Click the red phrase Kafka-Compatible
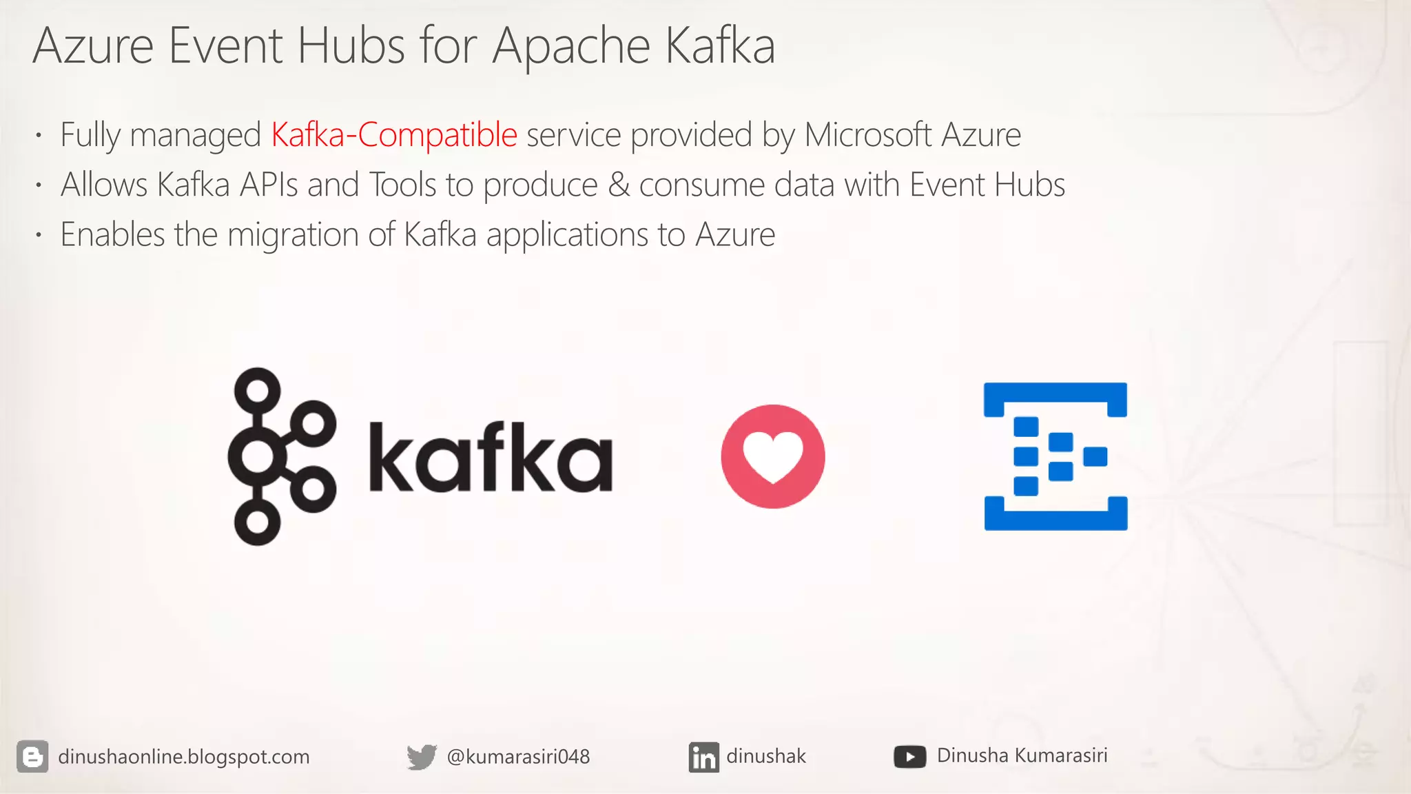pyautogui.click(x=393, y=134)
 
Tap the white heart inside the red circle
pyautogui.click(x=773, y=456)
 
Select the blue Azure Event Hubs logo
pyautogui.click(x=1055, y=456)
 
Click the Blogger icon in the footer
pyautogui.click(x=32, y=757)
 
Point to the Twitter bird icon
pyautogui.click(x=421, y=757)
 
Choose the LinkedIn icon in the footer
pyautogui.click(x=703, y=757)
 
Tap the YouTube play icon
pyautogui.click(x=909, y=757)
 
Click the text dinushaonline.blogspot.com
pyautogui.click(x=184, y=757)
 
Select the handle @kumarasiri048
pyautogui.click(x=518, y=757)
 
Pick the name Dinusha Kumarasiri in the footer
pyautogui.click(x=1022, y=755)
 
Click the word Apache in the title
pyautogui.click(x=570, y=47)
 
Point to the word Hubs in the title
pyautogui.click(x=351, y=47)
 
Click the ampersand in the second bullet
pyautogui.click(x=619, y=185)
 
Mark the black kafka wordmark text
pyautogui.click(x=490, y=458)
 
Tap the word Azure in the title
pyautogui.click(x=93, y=47)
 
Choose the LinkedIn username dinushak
pyautogui.click(x=765, y=756)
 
